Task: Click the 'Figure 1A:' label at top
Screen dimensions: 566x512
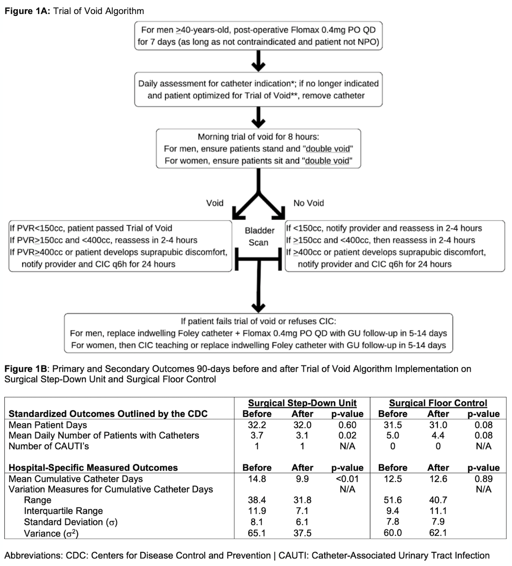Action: point(27,11)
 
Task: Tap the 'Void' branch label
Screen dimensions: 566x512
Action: point(215,203)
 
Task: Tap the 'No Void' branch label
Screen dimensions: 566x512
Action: point(308,203)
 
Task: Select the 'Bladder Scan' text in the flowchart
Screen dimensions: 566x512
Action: point(259,236)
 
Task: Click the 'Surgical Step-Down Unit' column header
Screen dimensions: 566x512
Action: point(302,403)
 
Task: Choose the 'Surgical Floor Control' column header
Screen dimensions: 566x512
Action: point(438,403)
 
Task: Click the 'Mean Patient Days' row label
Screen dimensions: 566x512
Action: point(48,425)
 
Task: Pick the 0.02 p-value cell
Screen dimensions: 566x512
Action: point(347,435)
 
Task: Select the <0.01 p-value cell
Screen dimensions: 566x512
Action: point(347,479)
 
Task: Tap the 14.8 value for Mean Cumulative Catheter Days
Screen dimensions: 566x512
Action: point(257,479)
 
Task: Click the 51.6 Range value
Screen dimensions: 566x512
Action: point(393,500)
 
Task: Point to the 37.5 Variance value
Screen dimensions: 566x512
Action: point(302,533)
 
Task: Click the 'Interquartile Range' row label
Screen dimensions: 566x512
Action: point(63,511)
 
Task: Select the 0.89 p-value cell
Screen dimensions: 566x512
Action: point(483,479)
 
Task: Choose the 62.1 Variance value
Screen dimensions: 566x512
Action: point(438,533)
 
